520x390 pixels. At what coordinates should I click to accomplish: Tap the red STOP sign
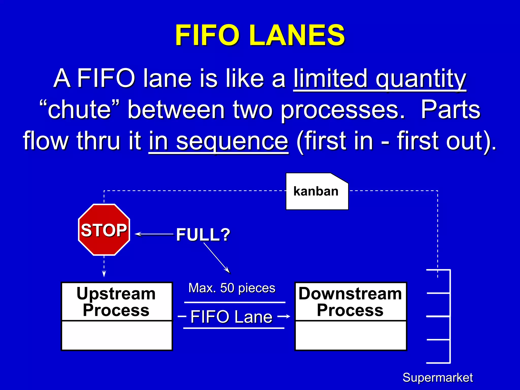(104, 230)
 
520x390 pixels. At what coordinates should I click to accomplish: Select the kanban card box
(317, 192)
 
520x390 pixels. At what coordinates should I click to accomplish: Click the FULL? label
(203, 235)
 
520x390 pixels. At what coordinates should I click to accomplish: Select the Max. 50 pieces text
(232, 288)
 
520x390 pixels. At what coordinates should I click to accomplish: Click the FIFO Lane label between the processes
(231, 317)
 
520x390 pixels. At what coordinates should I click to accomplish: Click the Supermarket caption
(437, 378)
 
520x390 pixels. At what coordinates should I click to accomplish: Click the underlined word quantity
(421, 78)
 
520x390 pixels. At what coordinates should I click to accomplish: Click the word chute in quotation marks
(79, 110)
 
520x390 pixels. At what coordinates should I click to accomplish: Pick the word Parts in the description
(450, 110)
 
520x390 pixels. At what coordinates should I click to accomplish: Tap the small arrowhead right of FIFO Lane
(287, 316)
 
